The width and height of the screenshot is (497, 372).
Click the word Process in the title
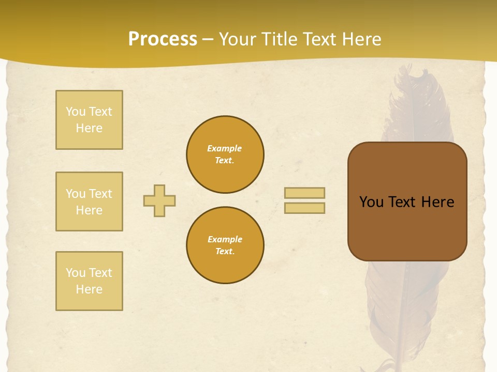tap(163, 39)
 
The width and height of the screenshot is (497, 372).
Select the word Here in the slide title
tap(360, 39)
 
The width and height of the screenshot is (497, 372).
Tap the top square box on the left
tap(89, 120)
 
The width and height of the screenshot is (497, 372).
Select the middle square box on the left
tap(89, 202)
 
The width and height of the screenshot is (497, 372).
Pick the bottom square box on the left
tap(89, 281)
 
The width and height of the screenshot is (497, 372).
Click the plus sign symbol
tap(159, 200)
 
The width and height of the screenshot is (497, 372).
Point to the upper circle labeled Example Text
tap(225, 154)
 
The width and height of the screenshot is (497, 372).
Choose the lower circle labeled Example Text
tap(225, 245)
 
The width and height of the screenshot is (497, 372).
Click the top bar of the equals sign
tap(304, 193)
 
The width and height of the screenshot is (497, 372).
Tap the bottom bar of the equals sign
tap(304, 208)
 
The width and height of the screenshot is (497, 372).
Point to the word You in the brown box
tap(371, 202)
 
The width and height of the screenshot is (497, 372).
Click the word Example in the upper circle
tap(225, 148)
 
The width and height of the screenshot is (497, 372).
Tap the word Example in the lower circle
tap(225, 239)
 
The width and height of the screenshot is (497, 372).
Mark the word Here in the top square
tap(89, 128)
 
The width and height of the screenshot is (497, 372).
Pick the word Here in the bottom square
tap(89, 289)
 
